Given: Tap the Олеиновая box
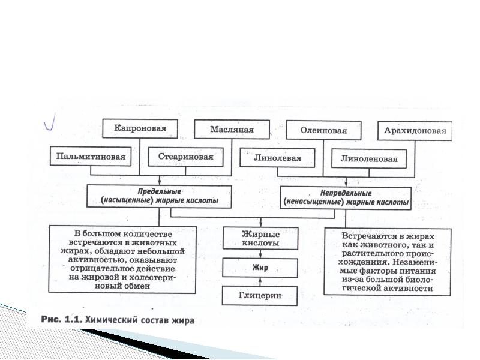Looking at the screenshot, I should [324, 130].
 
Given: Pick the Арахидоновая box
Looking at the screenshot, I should [415, 131].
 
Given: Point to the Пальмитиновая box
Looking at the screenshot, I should [91, 157].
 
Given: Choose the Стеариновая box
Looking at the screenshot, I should [185, 157].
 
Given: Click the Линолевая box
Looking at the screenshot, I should [278, 158].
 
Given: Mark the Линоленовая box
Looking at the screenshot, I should [368, 160].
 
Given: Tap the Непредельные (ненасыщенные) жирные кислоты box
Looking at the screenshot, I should [346, 198].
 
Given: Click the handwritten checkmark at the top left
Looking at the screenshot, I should [50, 123].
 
